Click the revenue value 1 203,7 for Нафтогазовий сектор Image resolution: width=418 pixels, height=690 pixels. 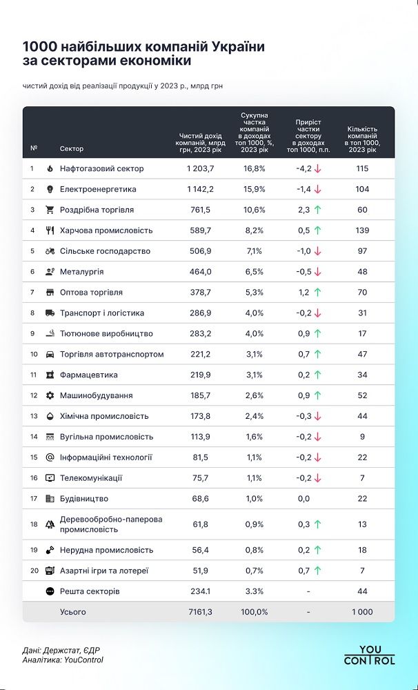click(201, 168)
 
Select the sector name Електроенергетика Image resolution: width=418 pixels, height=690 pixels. click(98, 189)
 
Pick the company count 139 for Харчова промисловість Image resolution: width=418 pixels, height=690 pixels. click(362, 230)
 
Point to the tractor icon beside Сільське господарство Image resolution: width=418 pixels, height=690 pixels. click(50, 251)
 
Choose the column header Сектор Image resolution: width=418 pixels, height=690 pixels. click(72, 148)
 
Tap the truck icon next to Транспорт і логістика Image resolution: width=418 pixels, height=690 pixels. click(50, 313)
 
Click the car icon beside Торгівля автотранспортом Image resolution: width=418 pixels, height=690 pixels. click(50, 355)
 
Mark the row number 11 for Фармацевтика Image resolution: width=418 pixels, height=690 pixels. click(32, 375)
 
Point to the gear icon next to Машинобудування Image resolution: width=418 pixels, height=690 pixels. click(50, 396)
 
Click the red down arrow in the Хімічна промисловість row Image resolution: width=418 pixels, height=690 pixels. click(318, 417)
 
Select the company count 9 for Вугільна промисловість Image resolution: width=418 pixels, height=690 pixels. click(362, 437)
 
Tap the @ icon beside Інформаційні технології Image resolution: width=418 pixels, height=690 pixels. click(50, 457)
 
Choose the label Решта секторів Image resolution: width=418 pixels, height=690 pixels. click(90, 591)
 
